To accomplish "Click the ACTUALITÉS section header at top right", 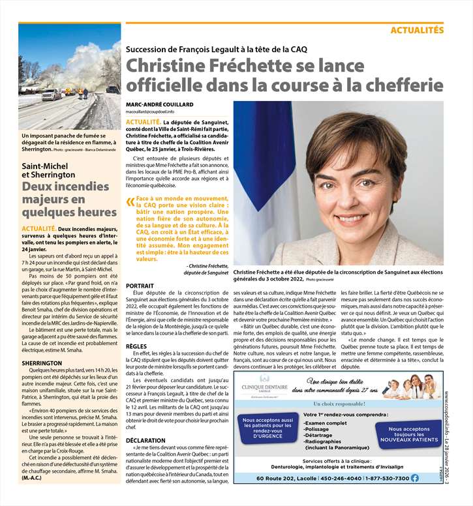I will pos(417,30).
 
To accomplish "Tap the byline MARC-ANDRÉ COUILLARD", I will pos(160,105).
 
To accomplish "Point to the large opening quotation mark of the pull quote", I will pos(130,202).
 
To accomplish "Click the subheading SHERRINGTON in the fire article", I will pos(41,362).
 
